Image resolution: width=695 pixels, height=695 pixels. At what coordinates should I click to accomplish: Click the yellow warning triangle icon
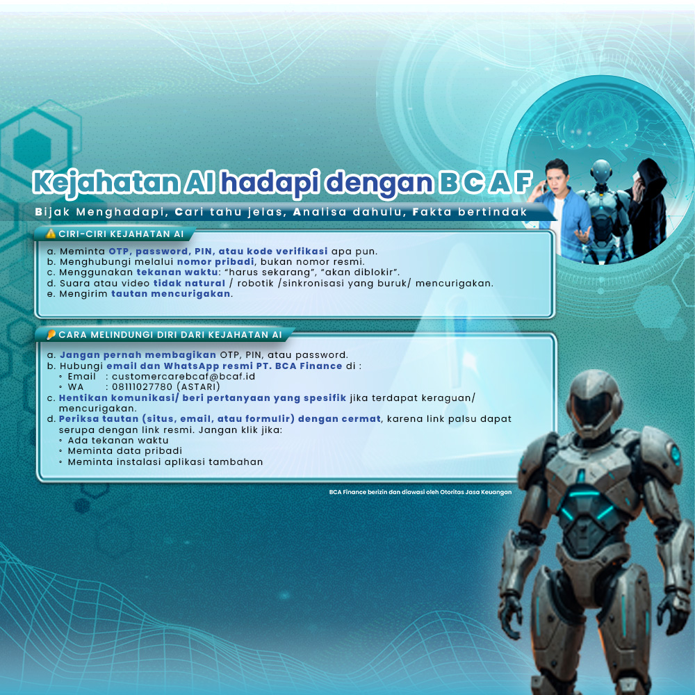[x=51, y=234]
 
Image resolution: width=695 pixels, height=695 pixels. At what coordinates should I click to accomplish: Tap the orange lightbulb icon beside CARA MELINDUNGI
[x=51, y=335]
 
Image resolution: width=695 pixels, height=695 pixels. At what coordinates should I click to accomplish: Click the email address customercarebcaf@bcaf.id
[x=183, y=376]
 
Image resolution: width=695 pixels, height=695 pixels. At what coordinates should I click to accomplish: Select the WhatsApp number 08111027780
[x=142, y=387]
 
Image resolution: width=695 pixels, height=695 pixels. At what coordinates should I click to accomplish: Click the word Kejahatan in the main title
[x=106, y=183]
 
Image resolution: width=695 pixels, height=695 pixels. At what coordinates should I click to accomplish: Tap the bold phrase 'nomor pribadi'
[x=215, y=262]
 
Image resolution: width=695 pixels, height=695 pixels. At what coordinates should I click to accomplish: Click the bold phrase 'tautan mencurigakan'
[x=171, y=293]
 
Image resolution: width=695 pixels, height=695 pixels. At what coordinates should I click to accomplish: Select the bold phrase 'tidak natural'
[x=189, y=283]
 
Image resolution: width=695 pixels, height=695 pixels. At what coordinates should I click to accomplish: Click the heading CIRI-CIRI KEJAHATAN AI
[x=121, y=234]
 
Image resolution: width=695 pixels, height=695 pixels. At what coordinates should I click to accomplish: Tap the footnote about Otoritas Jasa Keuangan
[x=420, y=492]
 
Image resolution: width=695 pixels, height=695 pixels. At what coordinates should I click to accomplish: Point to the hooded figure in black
[x=647, y=206]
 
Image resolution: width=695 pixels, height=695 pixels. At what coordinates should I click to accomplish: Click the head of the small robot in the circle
[x=601, y=171]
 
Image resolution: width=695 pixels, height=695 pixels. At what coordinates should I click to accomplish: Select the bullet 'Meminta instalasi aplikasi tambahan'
[x=165, y=462]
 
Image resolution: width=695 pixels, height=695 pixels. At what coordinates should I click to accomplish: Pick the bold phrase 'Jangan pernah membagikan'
[x=138, y=355]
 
